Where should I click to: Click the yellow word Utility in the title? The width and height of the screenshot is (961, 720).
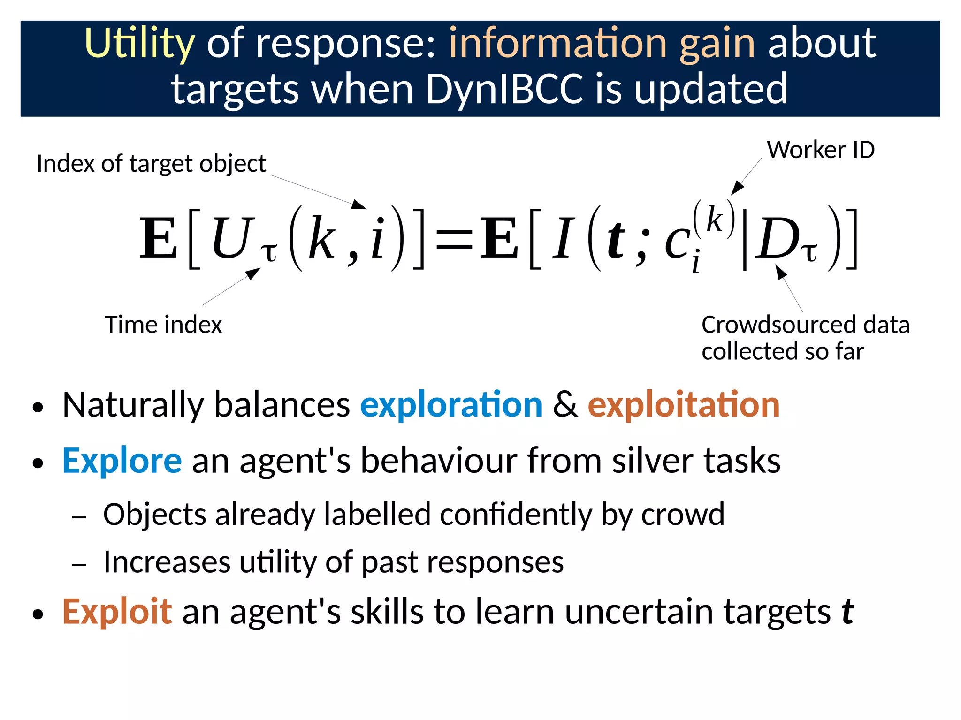tap(139, 44)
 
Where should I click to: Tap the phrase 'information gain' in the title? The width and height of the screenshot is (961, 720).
tap(602, 44)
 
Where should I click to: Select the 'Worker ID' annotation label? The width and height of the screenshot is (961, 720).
tap(820, 150)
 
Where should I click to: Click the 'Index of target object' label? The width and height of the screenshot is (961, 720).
tap(151, 164)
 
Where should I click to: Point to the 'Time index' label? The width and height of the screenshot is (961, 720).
tap(163, 325)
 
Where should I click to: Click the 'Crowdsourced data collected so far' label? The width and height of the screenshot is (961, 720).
tap(805, 338)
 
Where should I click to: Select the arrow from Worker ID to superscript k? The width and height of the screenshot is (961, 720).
tap(746, 176)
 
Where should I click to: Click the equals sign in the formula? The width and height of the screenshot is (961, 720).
tap(454, 240)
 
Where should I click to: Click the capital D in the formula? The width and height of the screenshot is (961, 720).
tap(776, 240)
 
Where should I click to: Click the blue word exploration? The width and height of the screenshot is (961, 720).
tap(451, 404)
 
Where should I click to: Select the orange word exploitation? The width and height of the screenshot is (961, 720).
tap(683, 404)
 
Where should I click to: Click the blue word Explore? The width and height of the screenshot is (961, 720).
tap(122, 461)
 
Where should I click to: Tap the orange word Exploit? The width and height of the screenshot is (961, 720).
tap(117, 612)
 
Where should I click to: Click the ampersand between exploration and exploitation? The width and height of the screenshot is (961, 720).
tap(564, 404)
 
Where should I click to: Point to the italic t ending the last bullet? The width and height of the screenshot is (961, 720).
tap(847, 612)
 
